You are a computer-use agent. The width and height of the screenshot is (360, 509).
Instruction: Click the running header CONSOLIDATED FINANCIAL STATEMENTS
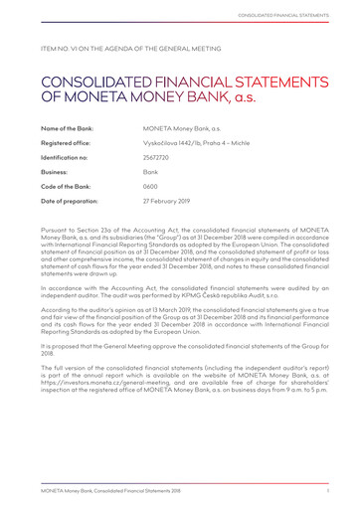[294, 15]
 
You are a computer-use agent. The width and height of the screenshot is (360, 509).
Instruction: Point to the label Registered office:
[68, 143]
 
